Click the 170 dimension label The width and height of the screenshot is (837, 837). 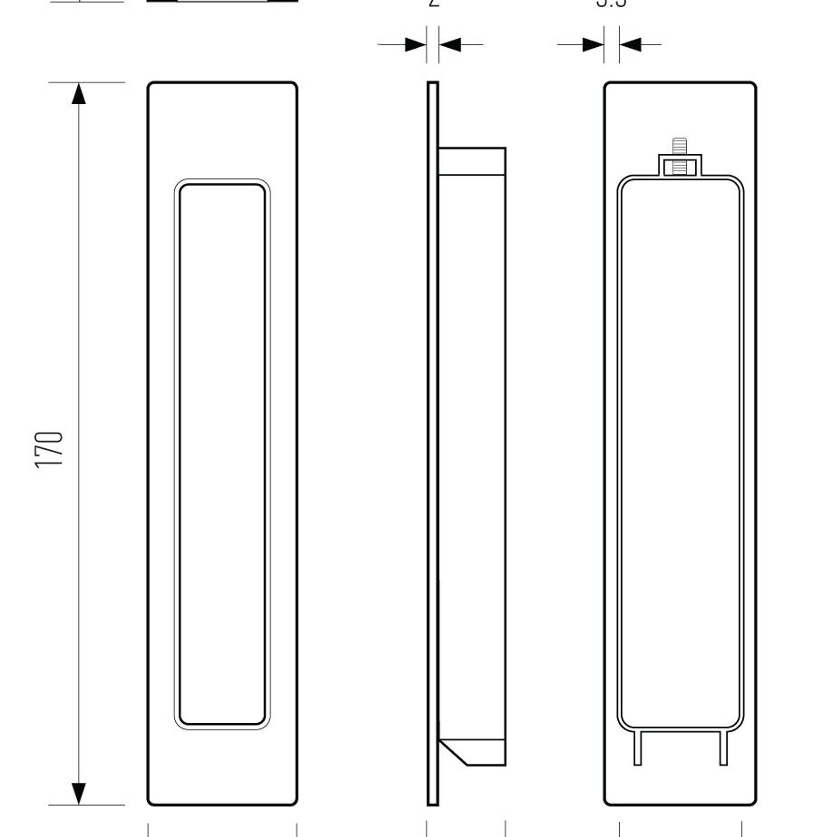pyautogui.click(x=50, y=449)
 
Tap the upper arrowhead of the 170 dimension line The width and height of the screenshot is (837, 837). pyautogui.click(x=79, y=94)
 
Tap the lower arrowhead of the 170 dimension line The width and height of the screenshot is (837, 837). pyautogui.click(x=79, y=793)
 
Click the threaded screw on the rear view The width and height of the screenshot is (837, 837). pyautogui.click(x=678, y=150)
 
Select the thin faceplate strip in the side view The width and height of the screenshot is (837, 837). pyautogui.click(x=433, y=449)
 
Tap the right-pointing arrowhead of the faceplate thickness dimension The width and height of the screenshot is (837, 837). pyautogui.click(x=416, y=45)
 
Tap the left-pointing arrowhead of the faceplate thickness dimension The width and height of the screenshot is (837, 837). pyautogui.click(x=450, y=45)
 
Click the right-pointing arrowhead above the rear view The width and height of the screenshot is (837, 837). pyautogui.click(x=593, y=45)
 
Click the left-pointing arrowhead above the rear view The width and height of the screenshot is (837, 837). pyautogui.click(x=630, y=45)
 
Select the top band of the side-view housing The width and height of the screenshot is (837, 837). pyautogui.click(x=472, y=161)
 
